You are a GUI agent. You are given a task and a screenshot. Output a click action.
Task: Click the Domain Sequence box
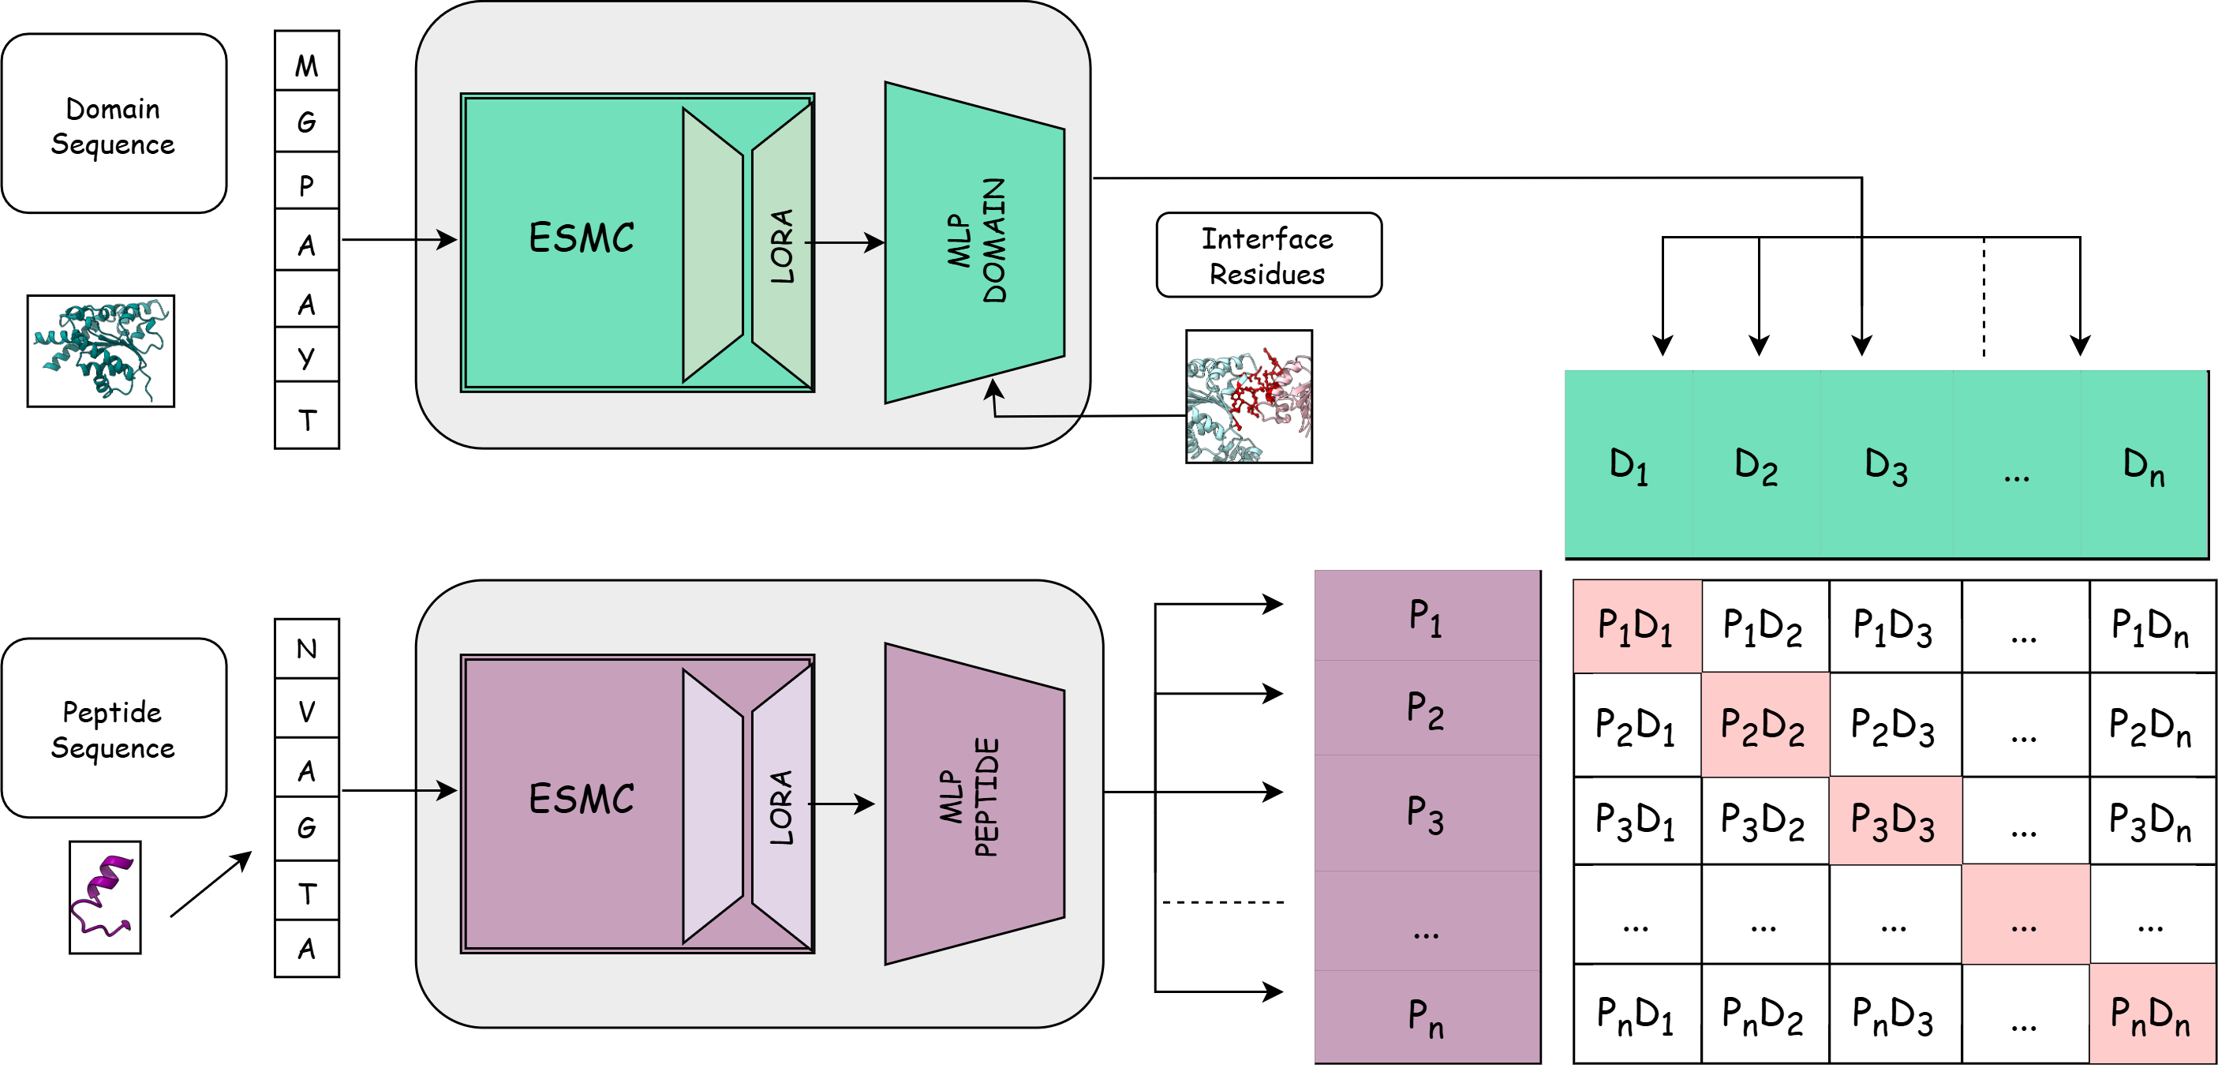pos(114,123)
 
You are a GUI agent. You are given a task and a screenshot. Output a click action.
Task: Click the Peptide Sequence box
pos(114,728)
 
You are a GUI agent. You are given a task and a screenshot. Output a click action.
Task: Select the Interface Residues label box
pos(1268,255)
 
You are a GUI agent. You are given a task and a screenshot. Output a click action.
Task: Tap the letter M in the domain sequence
pos(306,65)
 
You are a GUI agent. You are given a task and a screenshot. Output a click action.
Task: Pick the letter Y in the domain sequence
pos(306,357)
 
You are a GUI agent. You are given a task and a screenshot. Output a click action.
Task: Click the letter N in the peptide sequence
pos(306,649)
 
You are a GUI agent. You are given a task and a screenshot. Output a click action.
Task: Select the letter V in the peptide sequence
pos(306,711)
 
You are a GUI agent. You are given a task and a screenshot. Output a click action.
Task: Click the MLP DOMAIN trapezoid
pos(974,242)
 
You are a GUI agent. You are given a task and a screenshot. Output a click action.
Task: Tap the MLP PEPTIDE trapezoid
pos(974,804)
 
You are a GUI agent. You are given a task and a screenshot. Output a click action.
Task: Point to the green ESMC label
pos(582,238)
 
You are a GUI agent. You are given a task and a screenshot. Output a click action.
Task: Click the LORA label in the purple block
pos(781,808)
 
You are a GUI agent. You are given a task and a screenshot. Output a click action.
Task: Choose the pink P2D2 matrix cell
pos(1765,725)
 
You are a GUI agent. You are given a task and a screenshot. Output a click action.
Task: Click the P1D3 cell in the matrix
pos(1895,626)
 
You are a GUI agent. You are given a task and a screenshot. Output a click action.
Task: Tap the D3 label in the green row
pos(1886,466)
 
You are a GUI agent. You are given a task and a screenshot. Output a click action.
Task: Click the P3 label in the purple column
pos(1425,814)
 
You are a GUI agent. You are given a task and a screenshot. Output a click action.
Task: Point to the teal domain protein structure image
pos(101,350)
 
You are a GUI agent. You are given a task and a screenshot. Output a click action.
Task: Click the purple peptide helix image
pos(105,897)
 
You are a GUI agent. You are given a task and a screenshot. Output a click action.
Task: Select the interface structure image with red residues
pos(1249,396)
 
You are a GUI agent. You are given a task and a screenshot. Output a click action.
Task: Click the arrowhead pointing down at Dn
pos(2080,346)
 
